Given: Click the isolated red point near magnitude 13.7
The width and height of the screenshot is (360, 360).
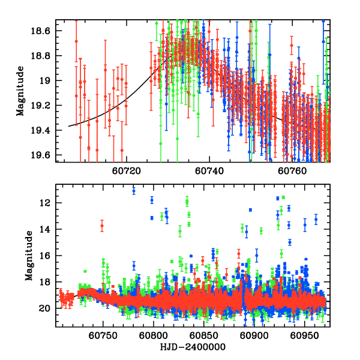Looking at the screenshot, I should click(x=102, y=226).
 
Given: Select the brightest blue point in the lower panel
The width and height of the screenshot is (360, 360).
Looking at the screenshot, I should click(x=134, y=191).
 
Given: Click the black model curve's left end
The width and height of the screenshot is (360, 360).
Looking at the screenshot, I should click(x=68, y=126).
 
